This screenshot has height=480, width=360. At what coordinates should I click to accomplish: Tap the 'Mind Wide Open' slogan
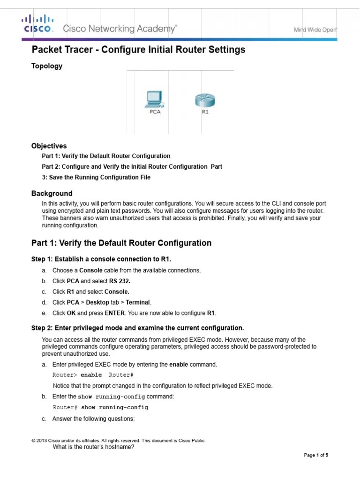[x=315, y=30]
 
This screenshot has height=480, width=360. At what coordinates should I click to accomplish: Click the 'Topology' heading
[x=46, y=66]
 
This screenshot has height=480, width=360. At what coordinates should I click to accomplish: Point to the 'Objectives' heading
[x=49, y=146]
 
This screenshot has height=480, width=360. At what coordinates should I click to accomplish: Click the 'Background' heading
[x=52, y=193]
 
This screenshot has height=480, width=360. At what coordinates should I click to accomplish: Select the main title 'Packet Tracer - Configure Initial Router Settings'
[x=138, y=50]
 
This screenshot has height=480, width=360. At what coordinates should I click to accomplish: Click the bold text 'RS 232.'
[x=120, y=281]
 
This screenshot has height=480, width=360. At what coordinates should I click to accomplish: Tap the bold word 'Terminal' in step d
[x=138, y=302]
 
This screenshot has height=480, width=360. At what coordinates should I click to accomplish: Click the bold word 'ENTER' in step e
[x=114, y=313]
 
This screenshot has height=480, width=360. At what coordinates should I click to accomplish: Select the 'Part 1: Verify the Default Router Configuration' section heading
[x=121, y=243]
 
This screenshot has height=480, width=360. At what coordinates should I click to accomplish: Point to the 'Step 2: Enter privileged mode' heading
[x=137, y=327]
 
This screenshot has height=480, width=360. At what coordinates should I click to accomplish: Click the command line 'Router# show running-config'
[x=100, y=407]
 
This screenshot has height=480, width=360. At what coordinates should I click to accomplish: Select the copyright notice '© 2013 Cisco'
[x=118, y=441]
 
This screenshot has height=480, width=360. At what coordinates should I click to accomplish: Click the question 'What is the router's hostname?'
[x=94, y=447]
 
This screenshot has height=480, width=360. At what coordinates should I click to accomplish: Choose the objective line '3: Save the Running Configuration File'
[x=96, y=177]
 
